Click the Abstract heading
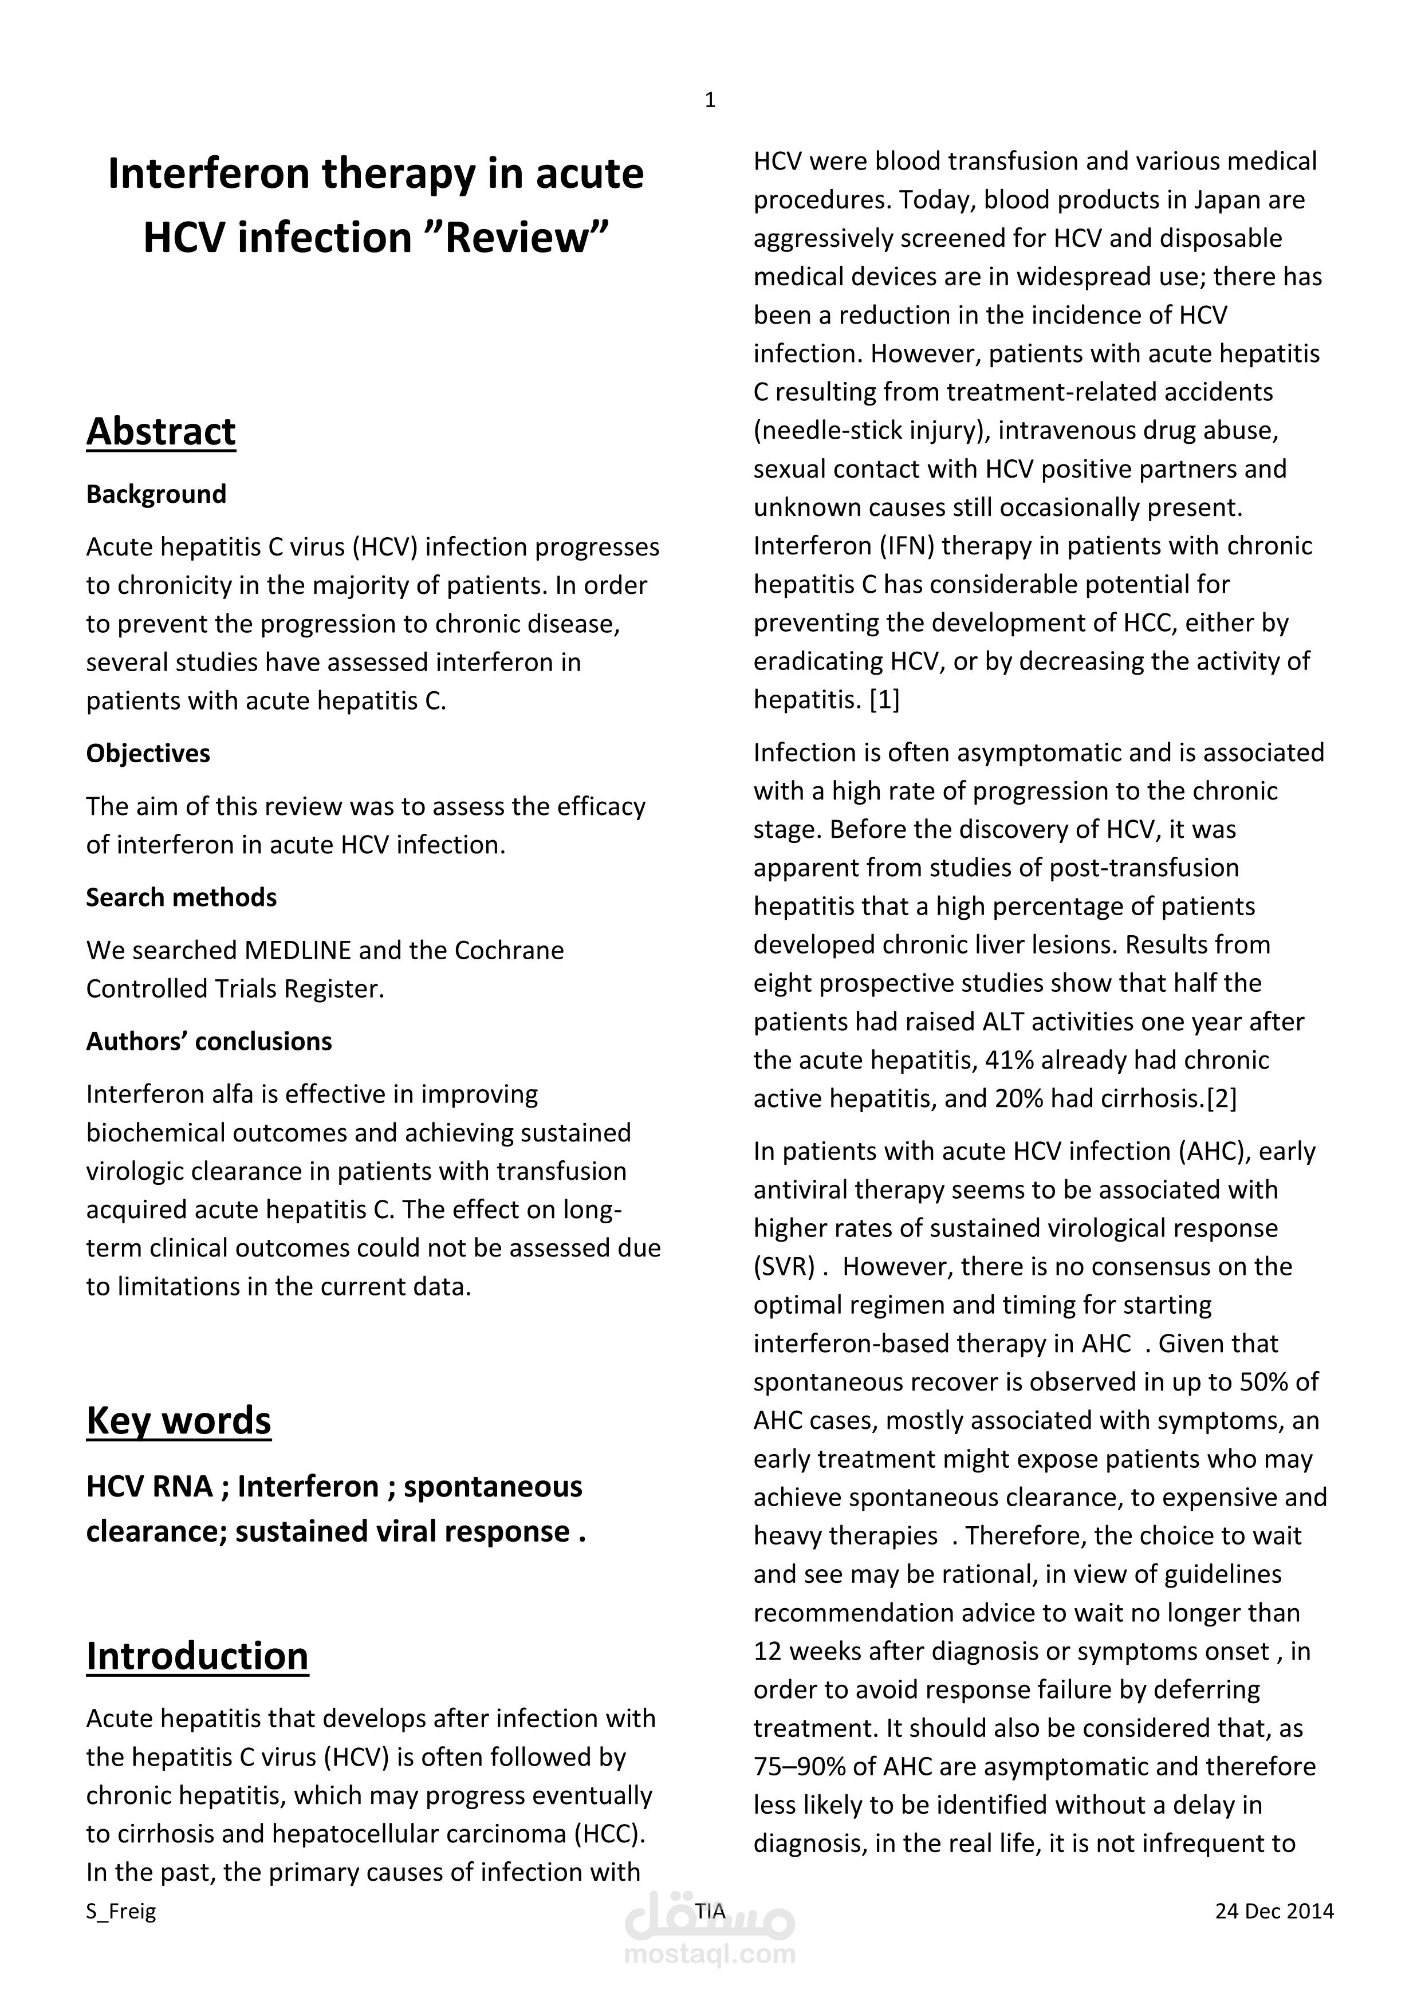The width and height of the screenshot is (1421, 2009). pyautogui.click(x=161, y=431)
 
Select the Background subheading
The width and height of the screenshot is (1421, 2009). pyautogui.click(x=156, y=494)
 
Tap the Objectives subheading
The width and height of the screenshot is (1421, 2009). pyautogui.click(x=148, y=754)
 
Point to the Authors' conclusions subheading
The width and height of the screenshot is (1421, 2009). pyautogui.click(x=208, y=1041)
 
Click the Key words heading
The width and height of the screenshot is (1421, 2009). pyautogui.click(x=179, y=1420)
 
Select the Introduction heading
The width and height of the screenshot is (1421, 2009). pyautogui.click(x=197, y=1656)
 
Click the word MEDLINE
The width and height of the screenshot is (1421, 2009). pyautogui.click(x=297, y=950)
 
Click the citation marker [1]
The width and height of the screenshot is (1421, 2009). pyautogui.click(x=884, y=700)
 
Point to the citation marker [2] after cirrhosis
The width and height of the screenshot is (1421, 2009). pyautogui.click(x=1222, y=1099)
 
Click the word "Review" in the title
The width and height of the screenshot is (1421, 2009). pyautogui.click(x=515, y=238)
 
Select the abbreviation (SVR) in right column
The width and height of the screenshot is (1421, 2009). pyautogui.click(x=784, y=1267)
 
